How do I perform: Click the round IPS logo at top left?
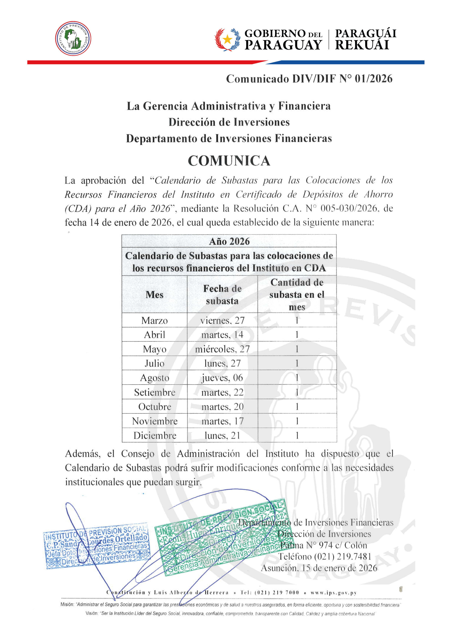(73, 38)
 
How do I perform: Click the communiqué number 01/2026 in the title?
(374, 79)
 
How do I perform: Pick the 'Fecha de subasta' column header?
(222, 295)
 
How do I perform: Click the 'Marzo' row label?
(155, 320)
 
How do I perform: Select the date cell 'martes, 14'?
(222, 335)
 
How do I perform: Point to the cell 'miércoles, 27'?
(222, 349)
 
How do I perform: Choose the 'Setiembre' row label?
(155, 392)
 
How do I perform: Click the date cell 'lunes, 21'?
(222, 435)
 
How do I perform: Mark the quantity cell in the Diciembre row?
(297, 435)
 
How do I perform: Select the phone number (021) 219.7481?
(343, 557)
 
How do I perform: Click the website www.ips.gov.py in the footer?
(334, 593)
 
